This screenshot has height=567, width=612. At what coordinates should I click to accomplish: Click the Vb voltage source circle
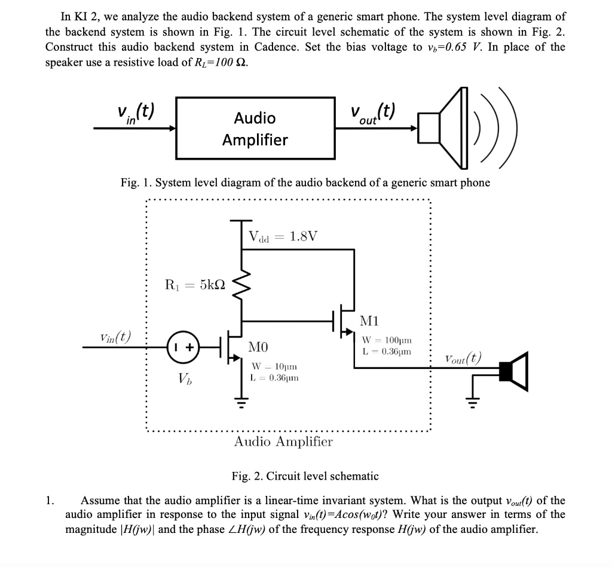point(183,347)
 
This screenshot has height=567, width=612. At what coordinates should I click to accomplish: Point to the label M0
point(258,346)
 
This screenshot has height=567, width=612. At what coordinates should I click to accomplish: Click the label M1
point(369,321)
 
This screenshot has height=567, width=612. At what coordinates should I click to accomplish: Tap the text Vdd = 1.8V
point(283,236)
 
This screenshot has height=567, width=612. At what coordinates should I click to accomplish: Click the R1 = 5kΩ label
point(195,284)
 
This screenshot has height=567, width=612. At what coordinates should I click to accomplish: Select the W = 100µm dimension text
point(387,340)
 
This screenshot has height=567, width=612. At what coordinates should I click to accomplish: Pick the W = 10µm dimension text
point(274,366)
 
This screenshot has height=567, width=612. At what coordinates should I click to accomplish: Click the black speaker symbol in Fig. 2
point(513,371)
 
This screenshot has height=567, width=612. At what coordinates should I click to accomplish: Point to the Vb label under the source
point(185,379)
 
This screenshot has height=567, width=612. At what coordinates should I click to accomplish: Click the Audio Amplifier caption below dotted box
point(283,441)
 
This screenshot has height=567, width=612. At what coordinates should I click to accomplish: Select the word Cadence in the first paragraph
point(277,47)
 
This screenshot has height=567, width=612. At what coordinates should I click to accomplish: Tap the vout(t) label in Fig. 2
point(463,358)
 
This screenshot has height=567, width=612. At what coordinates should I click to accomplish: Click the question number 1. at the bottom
point(50,501)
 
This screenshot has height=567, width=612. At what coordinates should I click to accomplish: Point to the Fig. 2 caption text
point(305,476)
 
